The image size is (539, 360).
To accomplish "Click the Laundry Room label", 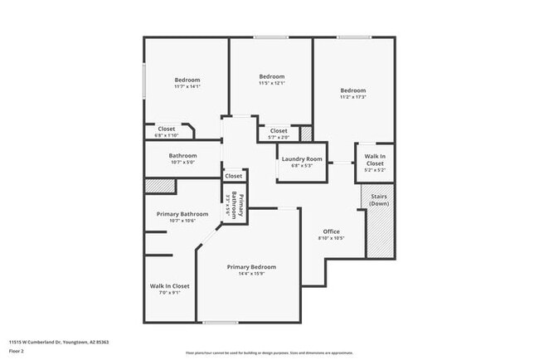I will [302, 158].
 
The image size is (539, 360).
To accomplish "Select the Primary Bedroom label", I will [251, 266].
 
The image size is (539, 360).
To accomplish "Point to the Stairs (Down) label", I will [379, 200].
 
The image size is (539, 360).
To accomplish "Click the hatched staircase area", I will [379, 232].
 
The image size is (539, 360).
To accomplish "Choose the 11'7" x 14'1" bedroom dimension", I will [187, 86].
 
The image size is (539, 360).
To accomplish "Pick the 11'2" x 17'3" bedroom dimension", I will [353, 97].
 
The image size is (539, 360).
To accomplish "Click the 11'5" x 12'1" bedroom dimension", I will [271, 83].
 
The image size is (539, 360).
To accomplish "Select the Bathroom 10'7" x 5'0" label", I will [182, 158].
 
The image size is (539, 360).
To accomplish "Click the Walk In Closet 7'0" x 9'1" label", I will [170, 289].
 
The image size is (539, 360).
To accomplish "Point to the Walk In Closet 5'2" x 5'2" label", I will [375, 163].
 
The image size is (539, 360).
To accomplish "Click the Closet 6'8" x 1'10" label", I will [167, 132].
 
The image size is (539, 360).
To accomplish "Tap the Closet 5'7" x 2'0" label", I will [279, 134].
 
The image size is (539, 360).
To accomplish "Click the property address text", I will [60, 341].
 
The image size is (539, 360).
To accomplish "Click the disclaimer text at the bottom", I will [269, 352].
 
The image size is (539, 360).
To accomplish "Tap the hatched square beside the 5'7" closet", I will [306, 133].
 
